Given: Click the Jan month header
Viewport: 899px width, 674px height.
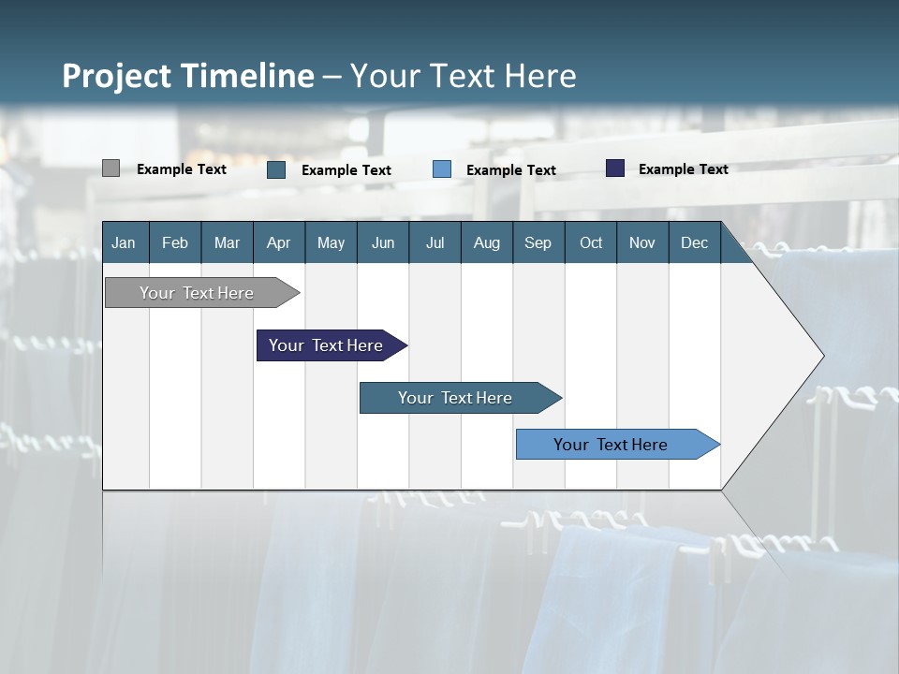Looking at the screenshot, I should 125,242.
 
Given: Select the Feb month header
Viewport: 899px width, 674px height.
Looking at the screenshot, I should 175,242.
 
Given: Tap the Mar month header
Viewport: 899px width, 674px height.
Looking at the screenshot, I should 227,242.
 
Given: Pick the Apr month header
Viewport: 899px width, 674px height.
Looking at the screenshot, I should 279,242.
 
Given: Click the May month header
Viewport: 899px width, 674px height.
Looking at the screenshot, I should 331,242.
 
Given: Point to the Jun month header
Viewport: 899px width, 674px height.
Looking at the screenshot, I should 383,242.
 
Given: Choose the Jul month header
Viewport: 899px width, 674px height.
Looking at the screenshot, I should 435,242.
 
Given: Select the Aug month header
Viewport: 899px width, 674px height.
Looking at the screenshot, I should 487,242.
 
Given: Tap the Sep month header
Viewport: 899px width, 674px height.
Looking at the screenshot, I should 538,242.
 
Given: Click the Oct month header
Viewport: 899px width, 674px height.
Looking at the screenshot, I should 591,242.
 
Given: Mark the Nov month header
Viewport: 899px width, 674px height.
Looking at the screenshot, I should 642,242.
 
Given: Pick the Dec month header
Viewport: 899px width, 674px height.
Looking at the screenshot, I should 695,242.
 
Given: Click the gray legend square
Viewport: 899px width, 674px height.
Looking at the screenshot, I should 111,168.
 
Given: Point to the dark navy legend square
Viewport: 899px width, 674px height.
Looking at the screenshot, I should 615,168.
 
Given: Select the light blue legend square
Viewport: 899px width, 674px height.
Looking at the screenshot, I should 442,169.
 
